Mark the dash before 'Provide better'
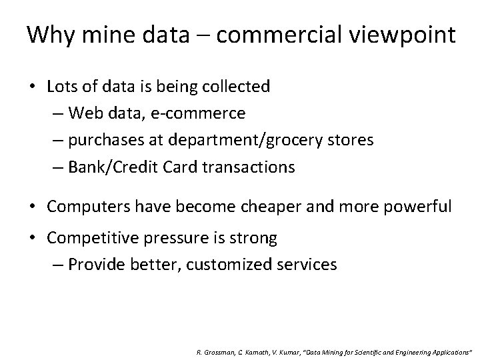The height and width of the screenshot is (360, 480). pyautogui.click(x=57, y=265)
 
